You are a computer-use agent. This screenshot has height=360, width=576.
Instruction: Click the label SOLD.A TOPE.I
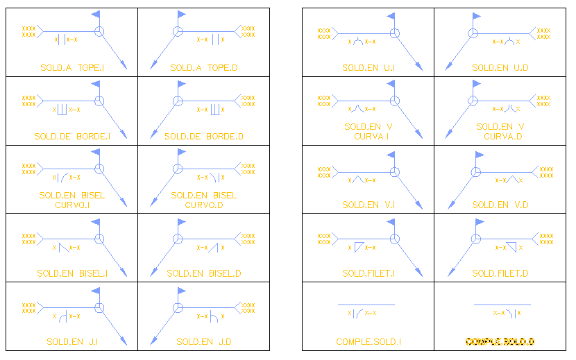click(72, 68)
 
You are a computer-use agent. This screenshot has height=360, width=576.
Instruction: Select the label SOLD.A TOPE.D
click(203, 68)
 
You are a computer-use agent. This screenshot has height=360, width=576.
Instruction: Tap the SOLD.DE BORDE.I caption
click(72, 137)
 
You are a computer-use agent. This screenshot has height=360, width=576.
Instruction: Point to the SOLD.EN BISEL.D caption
click(204, 273)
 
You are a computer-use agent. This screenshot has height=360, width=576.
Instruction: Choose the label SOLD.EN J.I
click(72, 341)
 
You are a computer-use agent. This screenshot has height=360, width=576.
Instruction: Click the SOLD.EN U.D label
click(500, 68)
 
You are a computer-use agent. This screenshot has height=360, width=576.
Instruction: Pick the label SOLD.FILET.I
click(369, 273)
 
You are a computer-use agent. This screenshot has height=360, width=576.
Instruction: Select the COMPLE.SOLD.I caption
click(369, 341)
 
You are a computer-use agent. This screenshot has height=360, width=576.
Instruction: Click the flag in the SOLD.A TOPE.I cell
click(96, 14)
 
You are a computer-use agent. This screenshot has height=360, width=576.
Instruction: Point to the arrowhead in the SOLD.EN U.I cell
click(419, 66)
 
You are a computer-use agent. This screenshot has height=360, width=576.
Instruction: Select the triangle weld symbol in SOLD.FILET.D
click(511, 246)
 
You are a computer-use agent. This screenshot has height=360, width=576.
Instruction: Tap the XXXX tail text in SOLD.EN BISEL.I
click(28, 237)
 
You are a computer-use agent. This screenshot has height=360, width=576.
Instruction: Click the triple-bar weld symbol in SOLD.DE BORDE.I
click(62, 109)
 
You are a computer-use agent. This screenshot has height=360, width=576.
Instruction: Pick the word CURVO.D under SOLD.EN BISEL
click(204, 205)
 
